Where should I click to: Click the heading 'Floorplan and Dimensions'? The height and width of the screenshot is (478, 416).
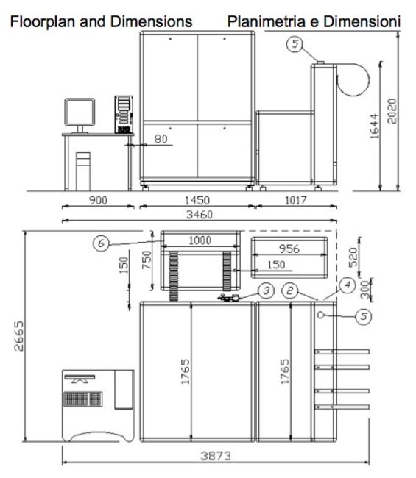[x=101, y=21]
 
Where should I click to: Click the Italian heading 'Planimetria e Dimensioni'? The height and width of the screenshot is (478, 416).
[x=314, y=21]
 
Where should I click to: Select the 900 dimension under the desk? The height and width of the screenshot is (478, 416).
[x=98, y=200]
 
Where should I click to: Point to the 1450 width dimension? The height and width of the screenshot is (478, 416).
[x=197, y=200]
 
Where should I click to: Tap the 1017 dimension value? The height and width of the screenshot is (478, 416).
[x=295, y=200]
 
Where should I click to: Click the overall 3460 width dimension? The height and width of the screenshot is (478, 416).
[x=200, y=215]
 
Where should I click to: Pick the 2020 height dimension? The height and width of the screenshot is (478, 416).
[x=392, y=111]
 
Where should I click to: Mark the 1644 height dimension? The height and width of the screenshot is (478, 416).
[x=374, y=126]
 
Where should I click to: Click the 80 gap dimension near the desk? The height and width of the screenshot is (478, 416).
[x=161, y=139]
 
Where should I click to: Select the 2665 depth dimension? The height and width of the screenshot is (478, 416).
[x=19, y=335]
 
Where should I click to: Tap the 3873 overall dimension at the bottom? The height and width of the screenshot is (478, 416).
[x=216, y=456]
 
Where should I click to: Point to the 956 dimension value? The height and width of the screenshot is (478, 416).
[x=289, y=249]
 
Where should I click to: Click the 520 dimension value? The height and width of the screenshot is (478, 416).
[x=353, y=257]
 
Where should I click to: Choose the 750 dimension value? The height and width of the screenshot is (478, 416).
[x=147, y=260]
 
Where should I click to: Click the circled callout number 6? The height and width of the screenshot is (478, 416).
[x=102, y=243]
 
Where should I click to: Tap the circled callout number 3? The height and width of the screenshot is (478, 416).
[x=267, y=290]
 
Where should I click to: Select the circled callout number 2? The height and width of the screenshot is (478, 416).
[x=289, y=290]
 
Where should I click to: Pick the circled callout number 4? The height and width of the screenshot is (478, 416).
[x=348, y=285]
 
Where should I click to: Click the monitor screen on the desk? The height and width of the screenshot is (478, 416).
[x=80, y=112]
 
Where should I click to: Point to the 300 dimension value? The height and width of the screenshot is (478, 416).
[x=365, y=290]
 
